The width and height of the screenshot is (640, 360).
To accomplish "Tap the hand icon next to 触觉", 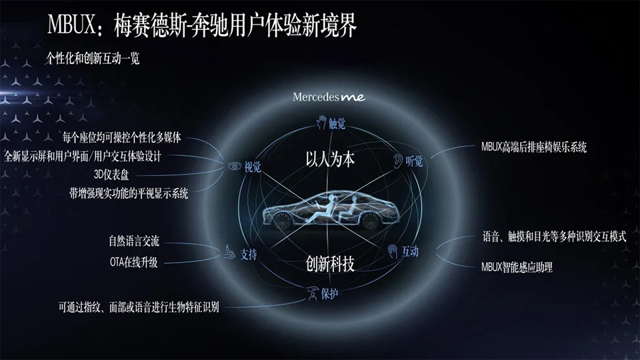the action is (x=321, y=122).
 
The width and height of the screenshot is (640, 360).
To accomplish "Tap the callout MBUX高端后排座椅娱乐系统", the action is (x=533, y=147).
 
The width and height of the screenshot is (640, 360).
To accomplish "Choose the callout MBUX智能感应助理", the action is (x=517, y=268).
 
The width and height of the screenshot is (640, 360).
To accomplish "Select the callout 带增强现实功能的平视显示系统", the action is (x=129, y=194).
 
